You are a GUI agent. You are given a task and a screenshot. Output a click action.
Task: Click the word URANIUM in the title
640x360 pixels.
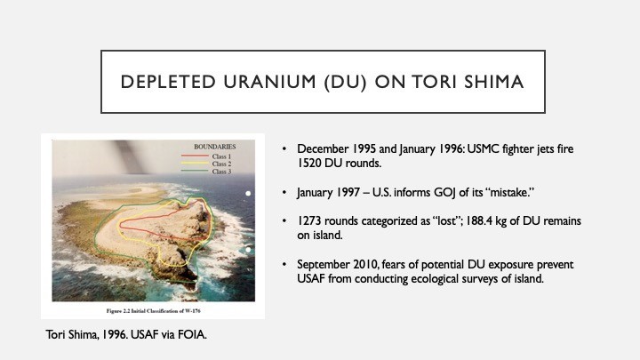(x=269, y=82)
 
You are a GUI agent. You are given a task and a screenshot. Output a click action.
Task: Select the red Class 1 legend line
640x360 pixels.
(x=195, y=156)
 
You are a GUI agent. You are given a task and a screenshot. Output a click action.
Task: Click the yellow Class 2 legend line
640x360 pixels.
(x=195, y=164)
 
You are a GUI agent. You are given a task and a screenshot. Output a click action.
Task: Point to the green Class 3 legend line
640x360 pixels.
(x=195, y=171)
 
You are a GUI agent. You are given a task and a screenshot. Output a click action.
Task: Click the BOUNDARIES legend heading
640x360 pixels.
(x=215, y=147)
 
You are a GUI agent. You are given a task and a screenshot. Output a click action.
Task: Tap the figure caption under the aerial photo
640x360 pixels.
(x=154, y=311)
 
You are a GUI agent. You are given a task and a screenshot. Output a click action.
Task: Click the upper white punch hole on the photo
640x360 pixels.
(x=248, y=194)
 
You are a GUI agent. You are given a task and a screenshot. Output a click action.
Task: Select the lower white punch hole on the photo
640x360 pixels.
(x=248, y=250)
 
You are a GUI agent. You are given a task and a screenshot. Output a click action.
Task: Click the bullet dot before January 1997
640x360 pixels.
(x=284, y=192)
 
